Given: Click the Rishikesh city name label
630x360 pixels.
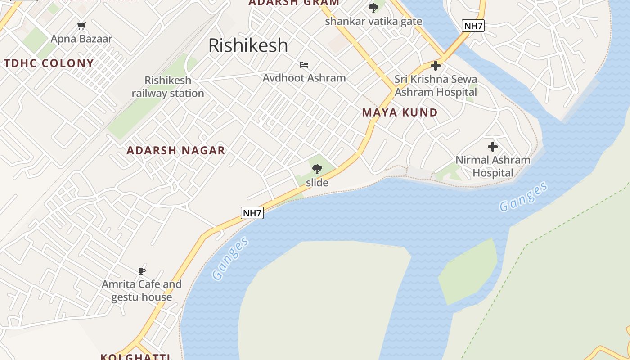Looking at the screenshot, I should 248,45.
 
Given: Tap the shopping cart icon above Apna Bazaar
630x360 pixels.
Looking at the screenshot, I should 81,26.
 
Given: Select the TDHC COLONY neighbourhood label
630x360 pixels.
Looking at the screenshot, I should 49,63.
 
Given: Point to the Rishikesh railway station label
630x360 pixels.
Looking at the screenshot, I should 168,87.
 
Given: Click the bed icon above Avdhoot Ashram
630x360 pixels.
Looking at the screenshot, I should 304,65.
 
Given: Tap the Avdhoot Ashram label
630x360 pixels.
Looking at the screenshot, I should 304,78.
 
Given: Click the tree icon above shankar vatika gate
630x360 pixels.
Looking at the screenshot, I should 373,8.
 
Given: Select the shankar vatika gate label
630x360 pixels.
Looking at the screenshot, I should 373,21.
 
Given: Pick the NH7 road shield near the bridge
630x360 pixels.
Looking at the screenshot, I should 473,26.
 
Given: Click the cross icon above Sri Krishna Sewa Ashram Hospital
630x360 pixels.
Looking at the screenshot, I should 436,66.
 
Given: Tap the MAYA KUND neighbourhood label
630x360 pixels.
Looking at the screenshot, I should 400,112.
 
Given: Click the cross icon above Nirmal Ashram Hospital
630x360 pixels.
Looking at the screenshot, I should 493,147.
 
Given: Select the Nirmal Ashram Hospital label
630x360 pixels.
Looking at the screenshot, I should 493,166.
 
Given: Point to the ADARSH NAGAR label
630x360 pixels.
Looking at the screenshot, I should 175,150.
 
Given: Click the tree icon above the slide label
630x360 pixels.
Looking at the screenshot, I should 317,169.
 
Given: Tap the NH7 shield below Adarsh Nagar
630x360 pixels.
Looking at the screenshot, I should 252,213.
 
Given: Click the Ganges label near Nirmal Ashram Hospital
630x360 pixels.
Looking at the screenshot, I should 523,197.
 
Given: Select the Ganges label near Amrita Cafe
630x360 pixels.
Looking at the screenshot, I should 230,258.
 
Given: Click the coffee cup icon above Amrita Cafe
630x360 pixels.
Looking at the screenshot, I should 142,271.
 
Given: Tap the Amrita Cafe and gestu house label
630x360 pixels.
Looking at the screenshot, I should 141,291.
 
